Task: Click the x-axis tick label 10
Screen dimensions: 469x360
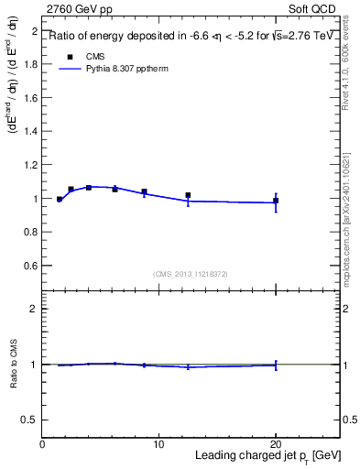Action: pos(158,444)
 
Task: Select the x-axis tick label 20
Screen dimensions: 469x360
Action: pos(275,444)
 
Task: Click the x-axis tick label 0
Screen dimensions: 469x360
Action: pos(42,444)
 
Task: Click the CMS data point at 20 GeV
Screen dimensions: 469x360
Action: pos(276,201)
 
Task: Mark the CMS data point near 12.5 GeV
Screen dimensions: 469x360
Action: pos(188,195)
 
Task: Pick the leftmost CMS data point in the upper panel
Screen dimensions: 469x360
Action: pos(60,199)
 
